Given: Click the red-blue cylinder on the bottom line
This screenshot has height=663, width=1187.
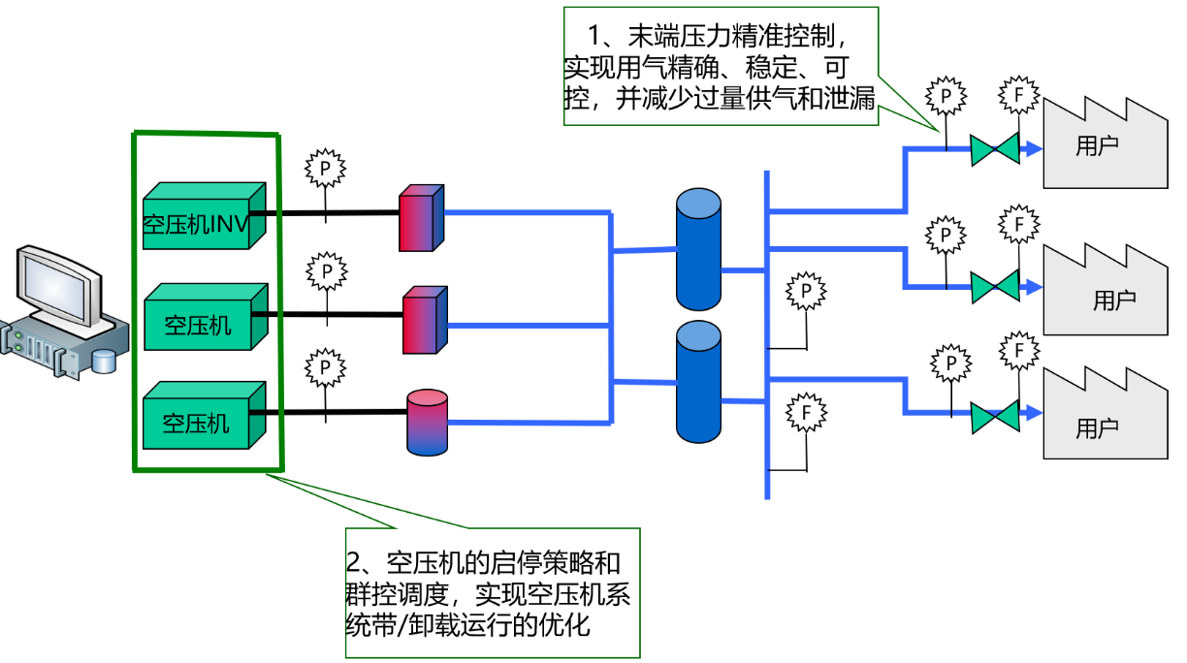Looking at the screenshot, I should click(427, 422).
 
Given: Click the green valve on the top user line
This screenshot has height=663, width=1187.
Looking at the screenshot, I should click(995, 149).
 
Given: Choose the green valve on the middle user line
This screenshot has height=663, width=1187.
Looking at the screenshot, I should click(995, 287).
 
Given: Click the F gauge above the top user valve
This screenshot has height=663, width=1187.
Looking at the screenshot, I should click(1019, 95).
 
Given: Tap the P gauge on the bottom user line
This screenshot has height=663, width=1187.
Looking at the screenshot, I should click(951, 363).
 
